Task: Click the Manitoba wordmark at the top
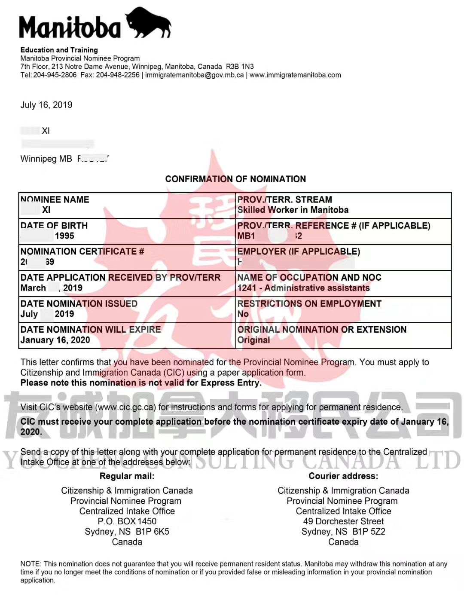click(x=70, y=28)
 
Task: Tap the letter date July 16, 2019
click(x=46, y=105)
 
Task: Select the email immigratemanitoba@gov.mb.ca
click(x=194, y=75)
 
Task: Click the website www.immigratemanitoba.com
click(x=295, y=75)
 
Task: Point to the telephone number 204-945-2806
click(x=55, y=75)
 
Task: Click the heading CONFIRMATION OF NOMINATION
click(x=235, y=179)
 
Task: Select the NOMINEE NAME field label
click(x=55, y=199)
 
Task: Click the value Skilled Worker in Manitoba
click(x=293, y=210)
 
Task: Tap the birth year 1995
click(x=64, y=236)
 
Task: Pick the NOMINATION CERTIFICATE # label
click(x=82, y=251)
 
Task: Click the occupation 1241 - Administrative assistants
click(x=303, y=288)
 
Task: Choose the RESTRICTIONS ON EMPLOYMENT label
click(x=309, y=303)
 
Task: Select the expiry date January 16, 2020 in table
click(x=55, y=340)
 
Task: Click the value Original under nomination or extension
click(x=254, y=340)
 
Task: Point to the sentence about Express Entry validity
click(x=141, y=383)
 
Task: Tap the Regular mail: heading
click(x=127, y=476)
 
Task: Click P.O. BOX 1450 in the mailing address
click(x=127, y=521)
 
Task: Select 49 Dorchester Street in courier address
click(x=343, y=521)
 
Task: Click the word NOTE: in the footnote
click(x=31, y=563)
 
